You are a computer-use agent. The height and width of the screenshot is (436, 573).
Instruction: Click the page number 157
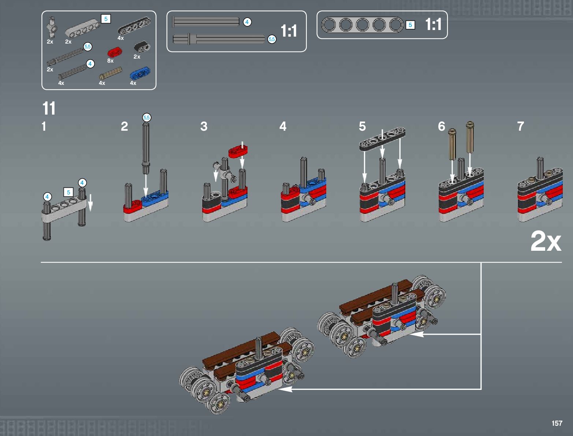point(557,423)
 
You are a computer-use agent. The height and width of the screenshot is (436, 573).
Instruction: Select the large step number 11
point(49,108)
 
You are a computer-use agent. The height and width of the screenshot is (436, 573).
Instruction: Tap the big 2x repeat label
point(546,241)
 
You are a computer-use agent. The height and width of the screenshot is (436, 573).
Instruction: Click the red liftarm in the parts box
point(115,52)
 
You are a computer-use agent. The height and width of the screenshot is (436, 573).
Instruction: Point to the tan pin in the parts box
point(111,73)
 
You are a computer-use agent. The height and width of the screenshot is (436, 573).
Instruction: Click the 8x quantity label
point(111,60)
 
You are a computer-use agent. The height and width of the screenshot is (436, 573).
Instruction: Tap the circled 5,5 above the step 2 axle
point(147,118)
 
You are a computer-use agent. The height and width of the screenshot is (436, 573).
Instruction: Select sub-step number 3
point(204,127)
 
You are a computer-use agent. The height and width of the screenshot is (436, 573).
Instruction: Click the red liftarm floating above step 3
point(238,151)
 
